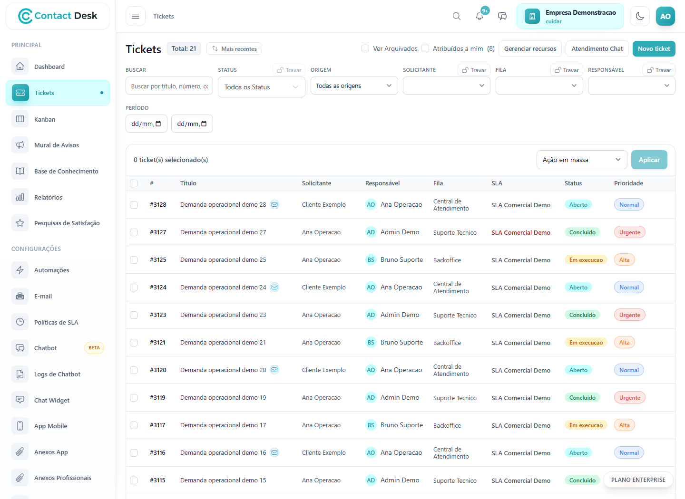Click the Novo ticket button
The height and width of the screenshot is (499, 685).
tap(654, 48)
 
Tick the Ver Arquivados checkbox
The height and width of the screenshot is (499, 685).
tap(365, 48)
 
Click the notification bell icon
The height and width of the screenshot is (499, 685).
tap(479, 16)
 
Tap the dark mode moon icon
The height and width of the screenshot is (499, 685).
tap(639, 16)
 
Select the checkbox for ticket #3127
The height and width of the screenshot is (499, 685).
tap(134, 232)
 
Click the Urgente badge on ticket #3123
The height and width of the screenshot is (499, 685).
tap(629, 315)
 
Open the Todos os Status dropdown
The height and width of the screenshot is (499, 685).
tap(261, 87)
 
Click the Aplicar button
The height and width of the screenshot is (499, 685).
tap(649, 160)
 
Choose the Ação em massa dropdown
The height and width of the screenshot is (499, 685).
tap(582, 160)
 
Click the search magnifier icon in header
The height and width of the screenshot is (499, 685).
tap(456, 16)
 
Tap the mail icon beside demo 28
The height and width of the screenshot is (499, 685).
tap(274, 204)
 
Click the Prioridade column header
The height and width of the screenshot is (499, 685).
tap(628, 183)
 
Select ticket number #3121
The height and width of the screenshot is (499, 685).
tap(157, 342)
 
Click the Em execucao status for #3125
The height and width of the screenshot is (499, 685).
tap(586, 260)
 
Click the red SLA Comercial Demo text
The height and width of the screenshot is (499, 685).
tap(521, 232)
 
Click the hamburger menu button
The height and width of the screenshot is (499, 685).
tap(136, 16)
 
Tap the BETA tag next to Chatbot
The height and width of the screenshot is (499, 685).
tap(94, 348)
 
